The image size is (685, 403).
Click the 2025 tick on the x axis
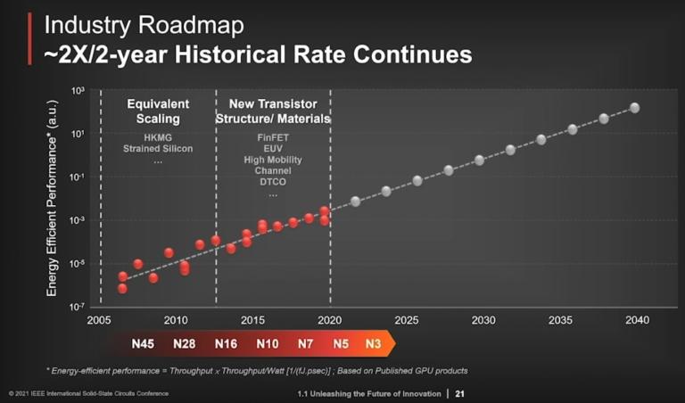click(x=406, y=320)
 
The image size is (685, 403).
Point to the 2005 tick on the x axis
click(x=100, y=320)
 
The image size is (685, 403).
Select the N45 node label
click(x=144, y=344)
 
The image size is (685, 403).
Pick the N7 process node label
click(x=305, y=344)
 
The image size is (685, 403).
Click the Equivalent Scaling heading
click(x=157, y=111)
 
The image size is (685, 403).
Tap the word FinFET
click(x=272, y=137)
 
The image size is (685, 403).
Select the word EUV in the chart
click(x=272, y=148)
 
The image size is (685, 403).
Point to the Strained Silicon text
click(x=158, y=149)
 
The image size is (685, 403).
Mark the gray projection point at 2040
click(x=634, y=108)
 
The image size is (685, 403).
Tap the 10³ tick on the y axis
click(x=78, y=92)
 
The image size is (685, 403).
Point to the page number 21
click(x=460, y=393)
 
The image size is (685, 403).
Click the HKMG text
click(x=158, y=137)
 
